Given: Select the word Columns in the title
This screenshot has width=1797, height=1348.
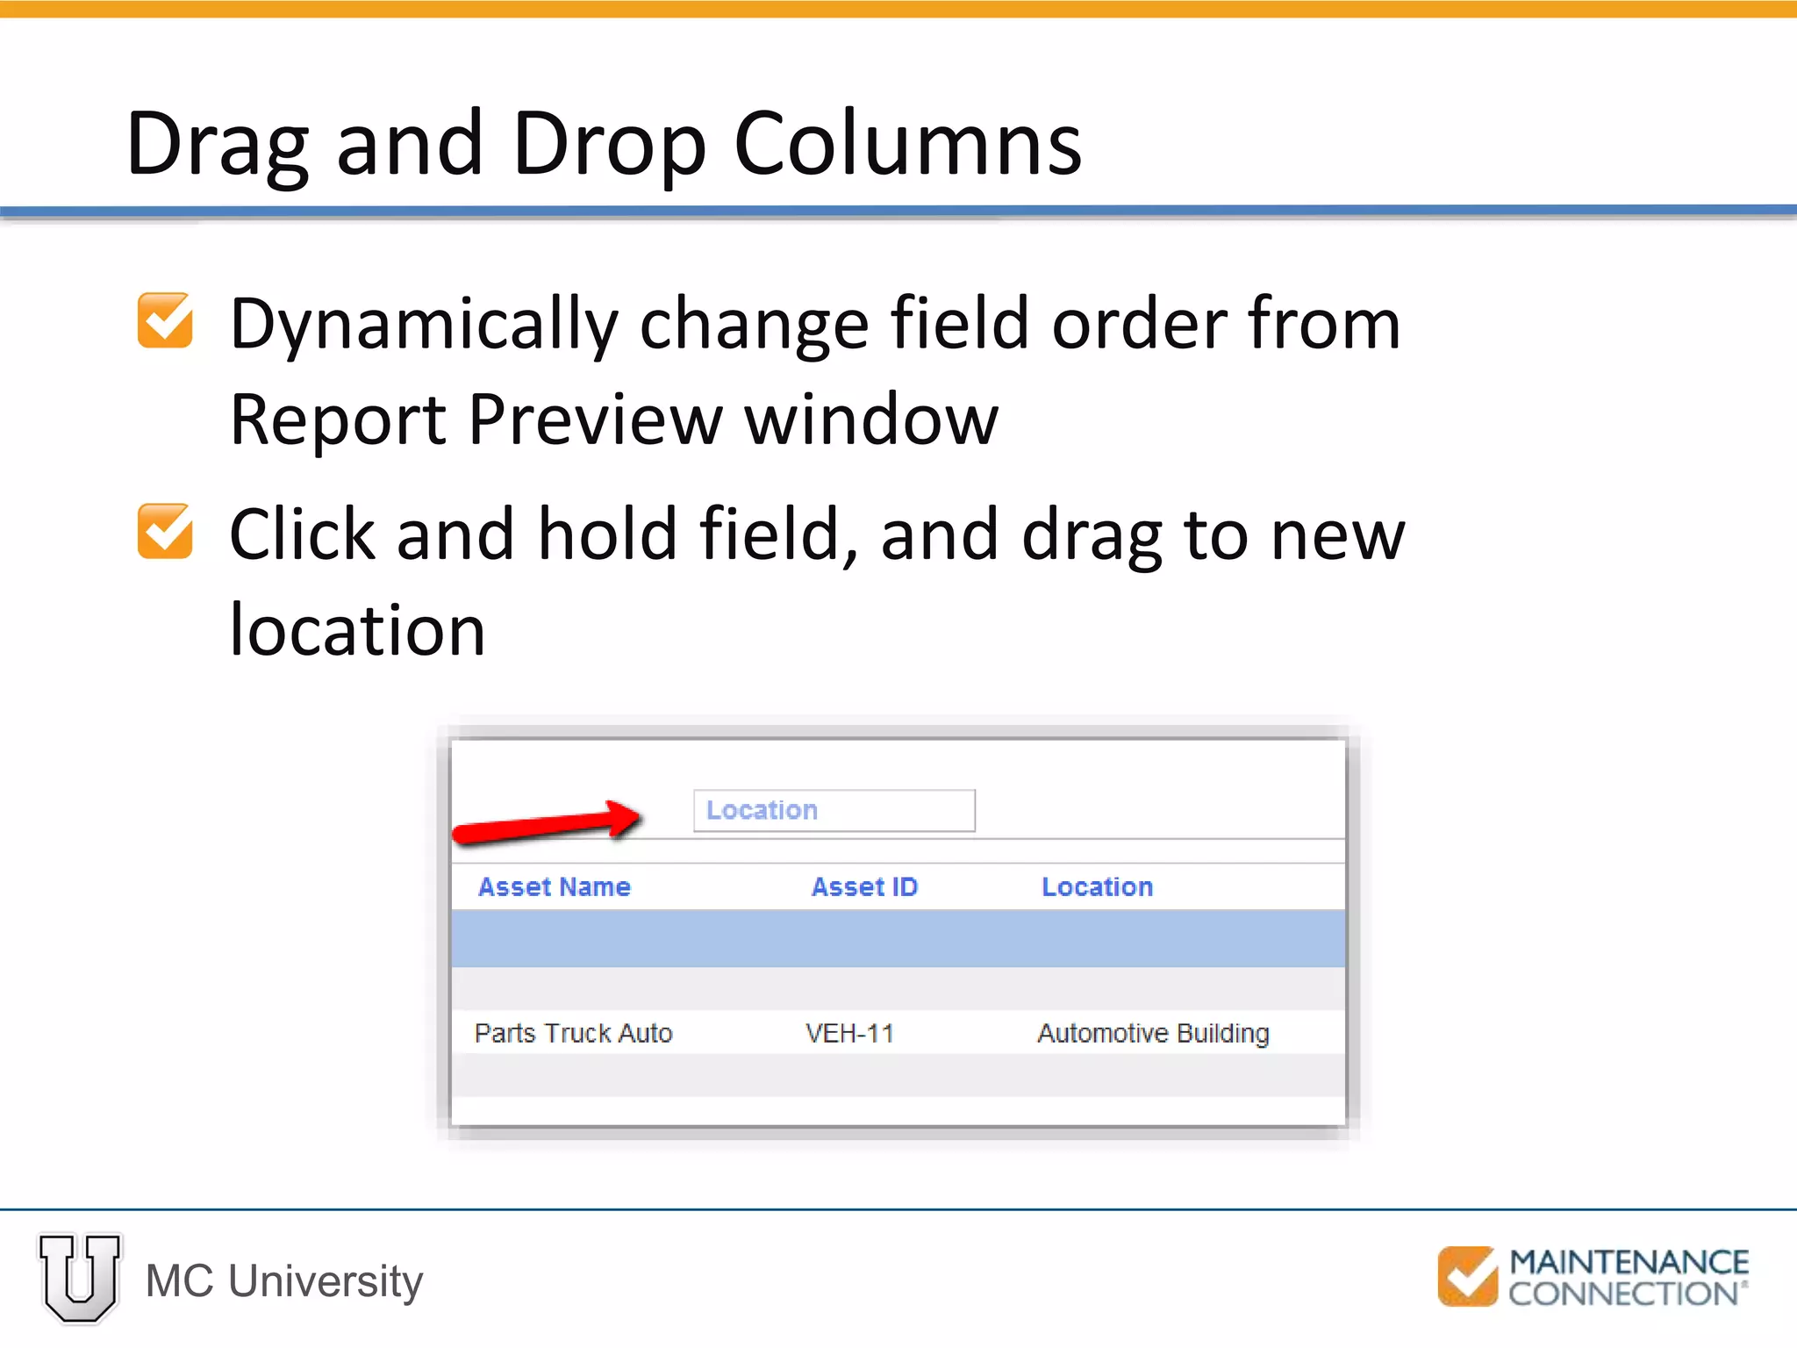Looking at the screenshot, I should point(907,145).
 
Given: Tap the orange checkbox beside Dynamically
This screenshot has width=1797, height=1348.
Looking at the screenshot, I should point(165,320).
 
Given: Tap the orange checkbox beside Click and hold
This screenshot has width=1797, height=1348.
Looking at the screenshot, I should point(165,531).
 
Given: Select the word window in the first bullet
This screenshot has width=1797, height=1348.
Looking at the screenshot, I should point(871,420).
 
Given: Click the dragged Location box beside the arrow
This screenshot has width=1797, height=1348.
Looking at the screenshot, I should point(834,810).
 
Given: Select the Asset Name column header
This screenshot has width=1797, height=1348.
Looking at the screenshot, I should point(554,887).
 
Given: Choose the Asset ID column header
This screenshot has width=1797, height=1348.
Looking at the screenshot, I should point(864,887).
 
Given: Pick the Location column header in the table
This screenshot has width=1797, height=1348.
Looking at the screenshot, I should point(1097,887).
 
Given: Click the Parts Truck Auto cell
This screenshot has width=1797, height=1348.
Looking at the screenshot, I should point(573,1033).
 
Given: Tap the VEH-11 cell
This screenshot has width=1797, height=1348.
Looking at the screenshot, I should point(849,1033).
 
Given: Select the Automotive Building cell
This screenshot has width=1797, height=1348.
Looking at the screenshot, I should point(1153,1033).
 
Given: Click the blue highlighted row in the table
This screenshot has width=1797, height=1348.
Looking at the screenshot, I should point(898,939).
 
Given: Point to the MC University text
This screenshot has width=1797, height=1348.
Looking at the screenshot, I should point(284,1281).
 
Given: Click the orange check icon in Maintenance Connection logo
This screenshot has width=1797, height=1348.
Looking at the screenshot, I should point(1467,1276).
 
